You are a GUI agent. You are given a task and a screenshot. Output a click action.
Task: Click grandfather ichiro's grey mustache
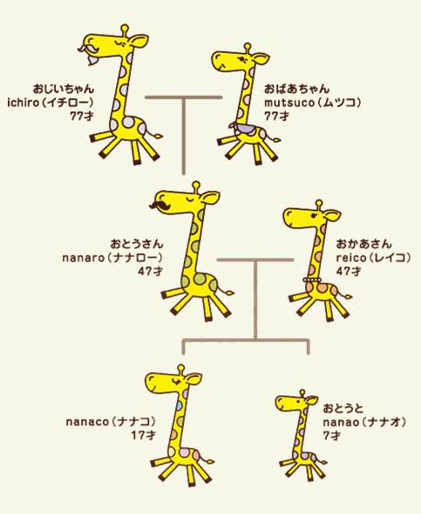pyautogui.click(x=87, y=48)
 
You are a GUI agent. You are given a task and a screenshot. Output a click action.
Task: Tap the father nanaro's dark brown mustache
pyautogui.click(x=160, y=206)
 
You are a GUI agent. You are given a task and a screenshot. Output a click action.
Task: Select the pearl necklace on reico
pyautogui.click(x=312, y=280)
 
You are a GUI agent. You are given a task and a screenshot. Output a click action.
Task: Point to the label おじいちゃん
pyautogui.click(x=64, y=89)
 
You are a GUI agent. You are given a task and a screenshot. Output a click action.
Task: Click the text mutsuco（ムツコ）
pyautogui.click(x=313, y=103)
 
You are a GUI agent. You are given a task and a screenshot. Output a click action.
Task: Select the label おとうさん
pyautogui.click(x=136, y=244)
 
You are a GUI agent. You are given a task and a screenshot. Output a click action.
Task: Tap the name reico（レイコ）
pyautogui.click(x=373, y=258)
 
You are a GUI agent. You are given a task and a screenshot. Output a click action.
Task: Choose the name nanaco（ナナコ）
pyautogui.click(x=111, y=422)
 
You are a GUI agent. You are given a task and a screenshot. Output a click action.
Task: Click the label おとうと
pyautogui.click(x=343, y=409)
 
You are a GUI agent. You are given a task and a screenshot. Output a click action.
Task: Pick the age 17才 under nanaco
pyautogui.click(x=143, y=436)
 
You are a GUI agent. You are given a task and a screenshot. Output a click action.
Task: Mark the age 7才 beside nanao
pyautogui.click(x=332, y=436)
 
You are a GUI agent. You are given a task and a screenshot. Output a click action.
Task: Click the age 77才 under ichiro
pyautogui.click(x=82, y=116)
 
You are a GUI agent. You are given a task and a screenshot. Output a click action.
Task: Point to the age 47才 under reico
pyautogui.click(x=349, y=272)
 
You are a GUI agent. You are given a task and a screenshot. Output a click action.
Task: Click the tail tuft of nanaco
pyautogui.click(x=209, y=462)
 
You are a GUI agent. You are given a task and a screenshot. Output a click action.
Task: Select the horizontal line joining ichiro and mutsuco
pyautogui.click(x=184, y=98)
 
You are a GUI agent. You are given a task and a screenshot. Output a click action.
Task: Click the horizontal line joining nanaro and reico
pyautogui.click(x=255, y=260)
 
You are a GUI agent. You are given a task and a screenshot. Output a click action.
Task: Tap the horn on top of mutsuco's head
pyautogui.click(x=248, y=48)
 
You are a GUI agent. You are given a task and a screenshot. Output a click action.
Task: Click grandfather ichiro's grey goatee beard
pyautogui.click(x=92, y=61)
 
